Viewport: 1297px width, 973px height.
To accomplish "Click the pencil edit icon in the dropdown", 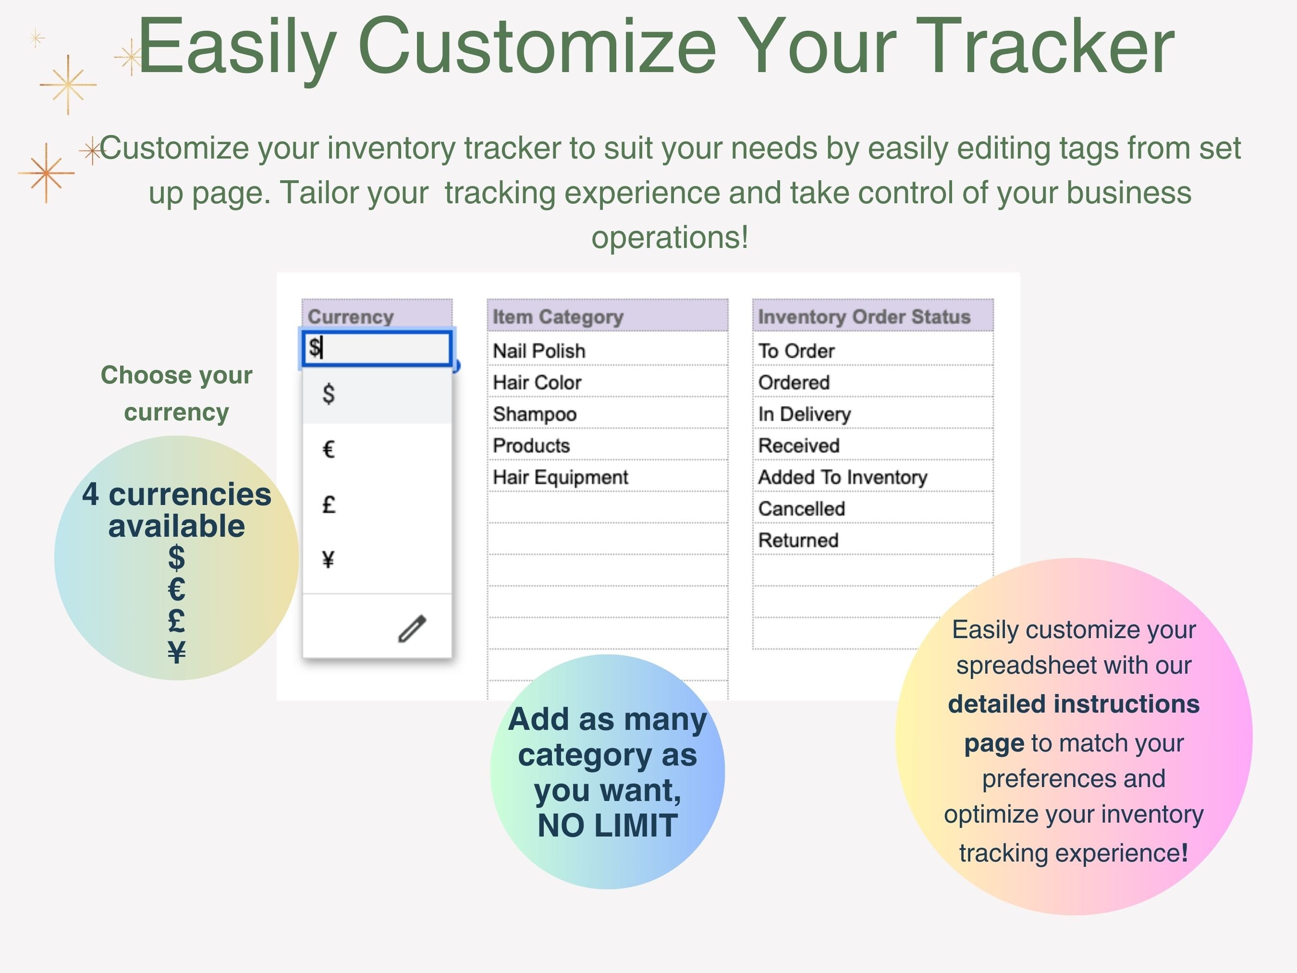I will coord(412,628).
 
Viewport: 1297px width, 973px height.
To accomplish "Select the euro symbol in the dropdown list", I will coord(329,450).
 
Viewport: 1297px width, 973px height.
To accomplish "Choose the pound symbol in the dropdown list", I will coord(329,505).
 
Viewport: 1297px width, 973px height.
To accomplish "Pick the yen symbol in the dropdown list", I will coord(329,559).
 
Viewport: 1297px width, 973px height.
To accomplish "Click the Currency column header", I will coord(351,316).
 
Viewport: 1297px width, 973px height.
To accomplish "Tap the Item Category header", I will coord(558,316).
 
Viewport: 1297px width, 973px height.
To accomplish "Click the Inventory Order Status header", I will coord(864,316).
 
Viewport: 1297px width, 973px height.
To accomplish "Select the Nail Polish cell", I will coord(539,351).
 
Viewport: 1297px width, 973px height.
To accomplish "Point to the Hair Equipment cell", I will coord(560,477).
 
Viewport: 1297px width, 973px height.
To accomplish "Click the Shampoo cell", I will coord(534,414).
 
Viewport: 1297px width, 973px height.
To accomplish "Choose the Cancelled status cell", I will coord(801,508).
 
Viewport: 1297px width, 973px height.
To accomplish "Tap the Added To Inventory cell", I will coord(842,477).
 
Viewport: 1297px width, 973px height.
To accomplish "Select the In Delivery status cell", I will coord(804,414).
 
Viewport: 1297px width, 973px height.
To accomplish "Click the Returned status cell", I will coord(798,540).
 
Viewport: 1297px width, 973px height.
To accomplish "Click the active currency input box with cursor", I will coord(377,348).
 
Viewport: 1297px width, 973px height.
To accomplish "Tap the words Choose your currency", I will coord(176,393).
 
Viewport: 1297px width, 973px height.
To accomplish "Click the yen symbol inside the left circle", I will coord(176,652).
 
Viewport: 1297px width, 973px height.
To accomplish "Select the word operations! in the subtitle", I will coord(670,237).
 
